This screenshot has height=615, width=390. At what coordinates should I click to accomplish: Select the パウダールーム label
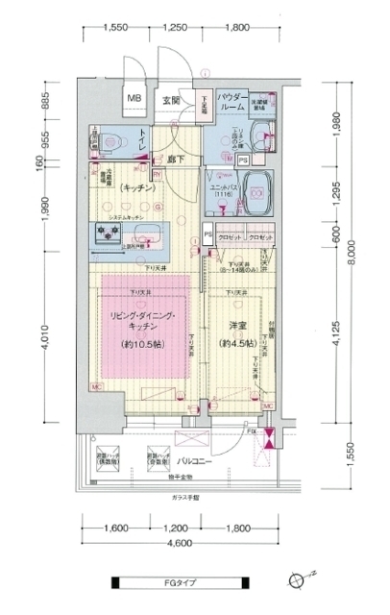232,103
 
